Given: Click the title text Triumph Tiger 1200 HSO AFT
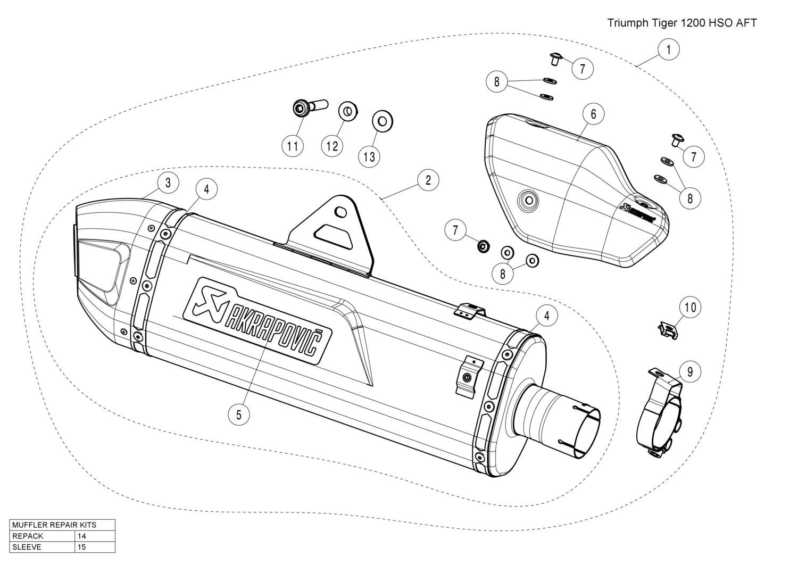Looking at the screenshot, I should [x=682, y=23].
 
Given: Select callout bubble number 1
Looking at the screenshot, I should [x=669, y=49].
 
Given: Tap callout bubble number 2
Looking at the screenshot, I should [x=428, y=180].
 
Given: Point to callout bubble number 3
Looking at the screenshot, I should [x=168, y=183].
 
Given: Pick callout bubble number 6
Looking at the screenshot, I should [x=593, y=113].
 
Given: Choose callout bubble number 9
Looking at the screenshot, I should [x=690, y=371].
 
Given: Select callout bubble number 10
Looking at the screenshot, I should [x=690, y=307].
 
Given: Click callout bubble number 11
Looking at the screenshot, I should [x=293, y=146].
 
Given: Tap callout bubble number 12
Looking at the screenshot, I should [x=332, y=146].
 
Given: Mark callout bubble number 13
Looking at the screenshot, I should [x=369, y=156].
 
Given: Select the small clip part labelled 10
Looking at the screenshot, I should [x=667, y=330].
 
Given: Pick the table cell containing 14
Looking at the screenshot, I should [x=95, y=536].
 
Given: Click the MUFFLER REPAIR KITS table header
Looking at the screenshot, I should [x=62, y=525].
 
